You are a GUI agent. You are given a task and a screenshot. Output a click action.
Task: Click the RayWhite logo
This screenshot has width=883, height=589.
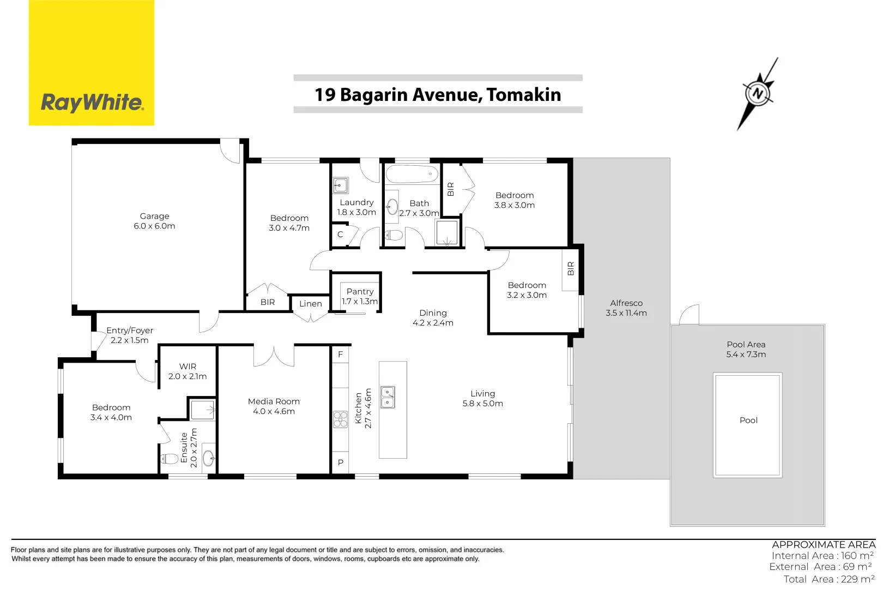click(92, 102)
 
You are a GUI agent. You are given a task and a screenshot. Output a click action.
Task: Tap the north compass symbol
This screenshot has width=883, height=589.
click(758, 93)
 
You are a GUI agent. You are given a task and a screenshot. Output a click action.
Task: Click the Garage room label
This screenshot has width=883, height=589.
click(154, 221)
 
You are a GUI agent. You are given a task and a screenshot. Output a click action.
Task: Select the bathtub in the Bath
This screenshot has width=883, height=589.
click(412, 175)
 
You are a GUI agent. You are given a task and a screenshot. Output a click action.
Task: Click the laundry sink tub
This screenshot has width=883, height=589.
click(341, 185)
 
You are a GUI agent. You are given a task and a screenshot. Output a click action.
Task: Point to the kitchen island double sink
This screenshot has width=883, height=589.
click(388, 397)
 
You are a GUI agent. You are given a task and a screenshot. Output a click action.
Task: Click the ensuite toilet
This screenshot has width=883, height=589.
click(170, 459)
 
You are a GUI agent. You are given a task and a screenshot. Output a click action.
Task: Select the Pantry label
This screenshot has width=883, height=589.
click(360, 292)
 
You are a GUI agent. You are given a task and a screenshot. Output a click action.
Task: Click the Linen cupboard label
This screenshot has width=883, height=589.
click(310, 304)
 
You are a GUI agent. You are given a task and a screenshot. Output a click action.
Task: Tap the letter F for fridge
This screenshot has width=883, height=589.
click(340, 354)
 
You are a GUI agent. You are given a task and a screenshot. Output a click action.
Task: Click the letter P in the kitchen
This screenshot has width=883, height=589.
click(340, 462)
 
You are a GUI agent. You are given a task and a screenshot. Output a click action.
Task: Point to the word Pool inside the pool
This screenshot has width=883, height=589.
click(748, 420)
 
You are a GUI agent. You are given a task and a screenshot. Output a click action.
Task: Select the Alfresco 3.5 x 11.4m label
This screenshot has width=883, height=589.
click(626, 308)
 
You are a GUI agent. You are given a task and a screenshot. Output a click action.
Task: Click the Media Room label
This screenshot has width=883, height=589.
click(274, 406)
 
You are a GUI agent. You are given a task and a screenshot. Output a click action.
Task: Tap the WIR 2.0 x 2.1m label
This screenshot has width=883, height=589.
click(188, 371)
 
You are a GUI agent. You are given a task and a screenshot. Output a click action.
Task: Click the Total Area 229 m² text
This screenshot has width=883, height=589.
click(828, 579)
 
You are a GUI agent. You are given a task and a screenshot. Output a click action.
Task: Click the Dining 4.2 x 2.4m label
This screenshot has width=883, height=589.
click(433, 318)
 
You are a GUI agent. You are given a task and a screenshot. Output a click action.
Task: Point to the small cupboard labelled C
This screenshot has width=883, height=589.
click(340, 235)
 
